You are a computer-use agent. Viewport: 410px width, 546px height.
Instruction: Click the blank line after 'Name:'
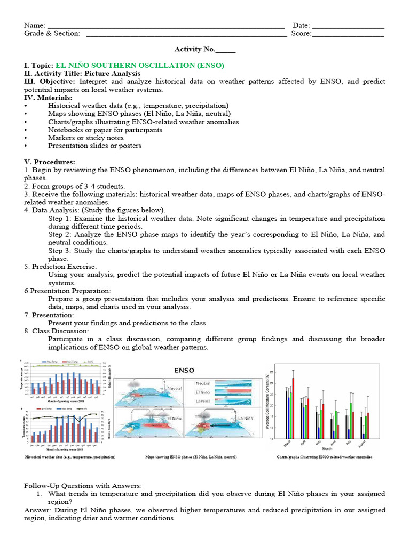(x=165, y=26)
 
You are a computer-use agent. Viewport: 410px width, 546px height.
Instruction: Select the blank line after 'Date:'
(x=348, y=26)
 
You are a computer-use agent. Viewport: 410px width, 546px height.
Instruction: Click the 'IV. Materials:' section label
(x=48, y=98)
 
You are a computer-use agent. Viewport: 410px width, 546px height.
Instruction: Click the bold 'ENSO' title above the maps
(x=184, y=370)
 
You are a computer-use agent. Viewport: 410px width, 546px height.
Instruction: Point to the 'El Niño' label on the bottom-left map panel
(x=174, y=420)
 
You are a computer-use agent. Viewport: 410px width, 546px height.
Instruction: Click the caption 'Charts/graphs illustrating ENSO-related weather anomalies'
(x=324, y=457)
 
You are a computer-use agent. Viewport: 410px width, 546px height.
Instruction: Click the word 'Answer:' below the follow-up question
(x=37, y=510)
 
